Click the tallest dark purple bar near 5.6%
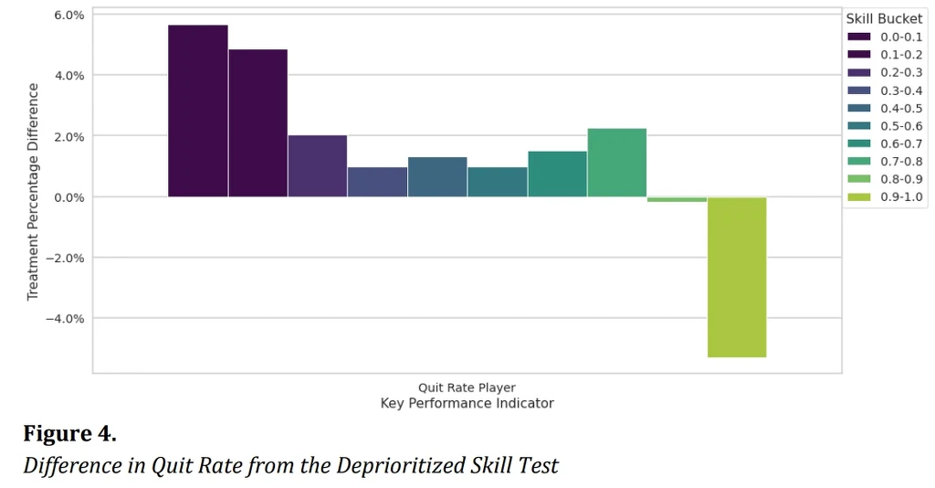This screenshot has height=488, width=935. coord(198,111)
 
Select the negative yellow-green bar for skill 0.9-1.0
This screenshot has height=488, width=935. coord(737,277)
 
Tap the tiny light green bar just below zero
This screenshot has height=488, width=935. coord(677,199)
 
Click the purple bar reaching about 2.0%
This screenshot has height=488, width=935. coord(318,166)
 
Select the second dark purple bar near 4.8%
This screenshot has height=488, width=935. coord(258,122)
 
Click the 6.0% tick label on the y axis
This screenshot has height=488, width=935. coord(69,15)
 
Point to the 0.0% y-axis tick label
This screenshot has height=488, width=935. coord(69,196)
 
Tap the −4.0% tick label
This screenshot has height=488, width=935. coord(66,318)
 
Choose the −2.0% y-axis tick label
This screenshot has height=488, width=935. coord(66,258)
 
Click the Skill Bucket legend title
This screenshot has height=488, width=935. coord(884,18)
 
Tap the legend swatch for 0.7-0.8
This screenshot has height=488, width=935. coord(859,162)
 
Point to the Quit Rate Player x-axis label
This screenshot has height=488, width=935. coord(467,387)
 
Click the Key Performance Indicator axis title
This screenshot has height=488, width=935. coord(467,403)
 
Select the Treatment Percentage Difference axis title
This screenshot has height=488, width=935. coord(33,192)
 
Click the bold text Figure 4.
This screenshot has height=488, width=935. coord(69,433)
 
